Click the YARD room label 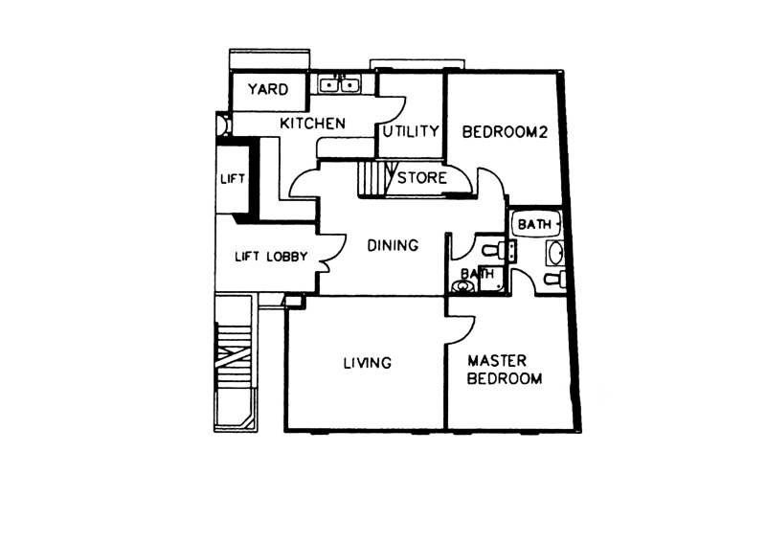268,89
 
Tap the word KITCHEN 313,124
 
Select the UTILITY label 411,131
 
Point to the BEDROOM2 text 505,132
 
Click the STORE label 422,177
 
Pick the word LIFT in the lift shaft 233,179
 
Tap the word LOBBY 287,257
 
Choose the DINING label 393,245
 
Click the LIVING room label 368,363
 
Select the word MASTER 497,361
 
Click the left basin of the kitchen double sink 330,85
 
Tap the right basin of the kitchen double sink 349,85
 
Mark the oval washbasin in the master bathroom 556,253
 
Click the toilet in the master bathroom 555,280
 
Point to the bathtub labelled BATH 536,224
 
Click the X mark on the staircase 233,358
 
